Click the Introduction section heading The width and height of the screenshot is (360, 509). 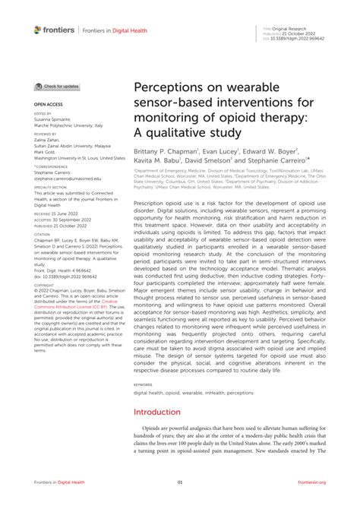158,412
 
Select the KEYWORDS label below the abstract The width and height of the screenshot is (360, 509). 145,384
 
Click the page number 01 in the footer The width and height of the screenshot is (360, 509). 180,482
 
